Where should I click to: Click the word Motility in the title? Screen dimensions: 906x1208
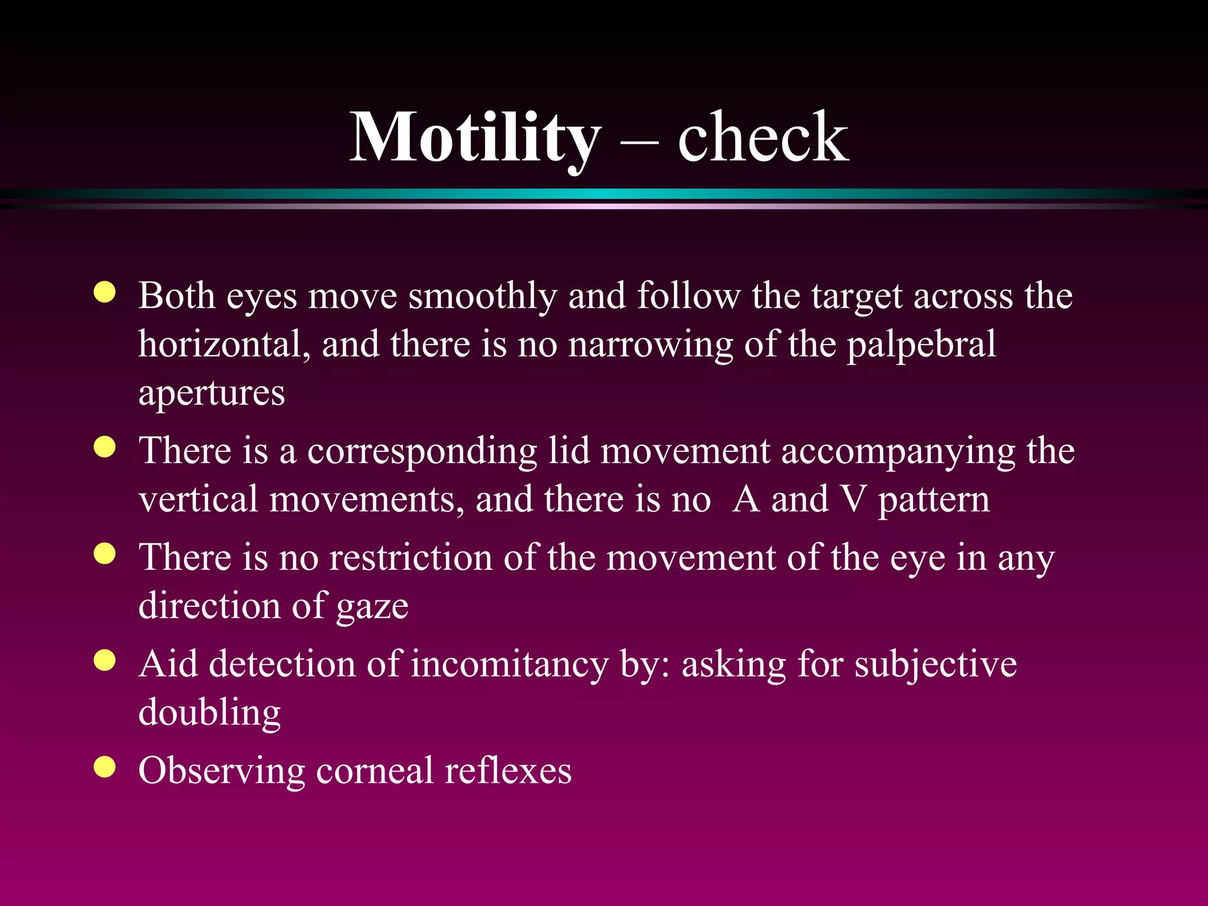(475, 139)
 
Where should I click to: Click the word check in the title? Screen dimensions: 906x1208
(763, 139)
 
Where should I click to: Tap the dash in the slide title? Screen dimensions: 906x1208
(640, 142)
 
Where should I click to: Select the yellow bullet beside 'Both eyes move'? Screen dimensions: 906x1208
(104, 292)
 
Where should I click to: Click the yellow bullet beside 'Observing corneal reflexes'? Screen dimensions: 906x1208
(104, 767)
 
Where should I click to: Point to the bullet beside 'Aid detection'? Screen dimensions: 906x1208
(104, 661)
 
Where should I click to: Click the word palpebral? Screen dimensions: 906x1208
(921, 345)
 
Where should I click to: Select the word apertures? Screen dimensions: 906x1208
(211, 394)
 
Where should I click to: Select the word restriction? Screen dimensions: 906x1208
(411, 557)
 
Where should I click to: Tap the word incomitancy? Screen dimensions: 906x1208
(510, 665)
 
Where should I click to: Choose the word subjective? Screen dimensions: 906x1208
(935, 665)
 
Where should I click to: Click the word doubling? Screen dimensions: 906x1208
(209, 713)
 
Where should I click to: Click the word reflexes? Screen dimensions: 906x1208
(508, 771)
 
